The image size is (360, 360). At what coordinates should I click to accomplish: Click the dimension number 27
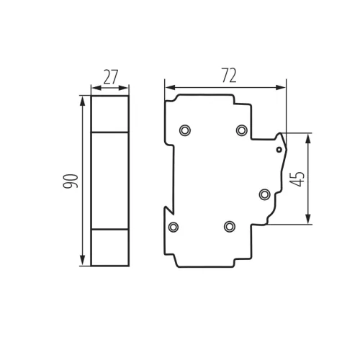(111, 77)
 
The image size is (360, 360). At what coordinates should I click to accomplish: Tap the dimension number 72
(229, 76)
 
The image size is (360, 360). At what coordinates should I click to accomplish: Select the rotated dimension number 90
(71, 181)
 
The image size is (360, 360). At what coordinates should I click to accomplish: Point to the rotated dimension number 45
(297, 179)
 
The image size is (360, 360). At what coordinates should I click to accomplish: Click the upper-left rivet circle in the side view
(185, 130)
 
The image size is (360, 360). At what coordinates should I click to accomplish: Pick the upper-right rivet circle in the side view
(241, 130)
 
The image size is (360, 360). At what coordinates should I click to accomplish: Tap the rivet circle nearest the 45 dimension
(264, 194)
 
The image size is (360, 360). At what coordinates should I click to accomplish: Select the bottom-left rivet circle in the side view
(174, 227)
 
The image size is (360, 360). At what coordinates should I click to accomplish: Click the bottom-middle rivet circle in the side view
(230, 226)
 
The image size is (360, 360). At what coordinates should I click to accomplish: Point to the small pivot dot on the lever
(279, 150)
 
